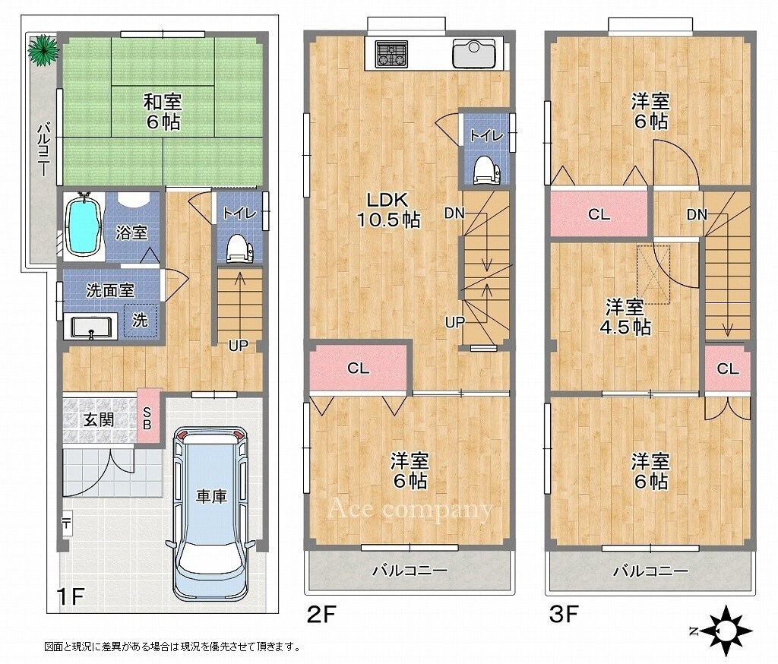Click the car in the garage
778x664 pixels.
tap(211, 514)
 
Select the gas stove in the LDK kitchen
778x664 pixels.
tap(392, 53)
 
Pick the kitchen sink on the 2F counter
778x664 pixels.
tap(474, 53)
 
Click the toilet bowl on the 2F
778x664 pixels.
tap(485, 171)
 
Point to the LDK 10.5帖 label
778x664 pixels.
tap(389, 209)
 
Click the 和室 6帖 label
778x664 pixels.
tap(163, 112)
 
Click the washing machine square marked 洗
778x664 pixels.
tap(141, 321)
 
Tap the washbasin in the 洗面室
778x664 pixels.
tap(91, 327)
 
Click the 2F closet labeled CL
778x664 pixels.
tap(359, 368)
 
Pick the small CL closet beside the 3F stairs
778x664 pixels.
tap(727, 368)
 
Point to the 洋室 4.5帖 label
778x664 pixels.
tap(627, 317)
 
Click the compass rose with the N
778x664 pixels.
tap(724, 631)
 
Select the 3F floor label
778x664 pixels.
tap(564, 615)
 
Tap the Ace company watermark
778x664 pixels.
tap(410, 509)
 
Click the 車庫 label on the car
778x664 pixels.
tap(211, 496)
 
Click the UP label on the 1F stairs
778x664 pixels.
tap(238, 345)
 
